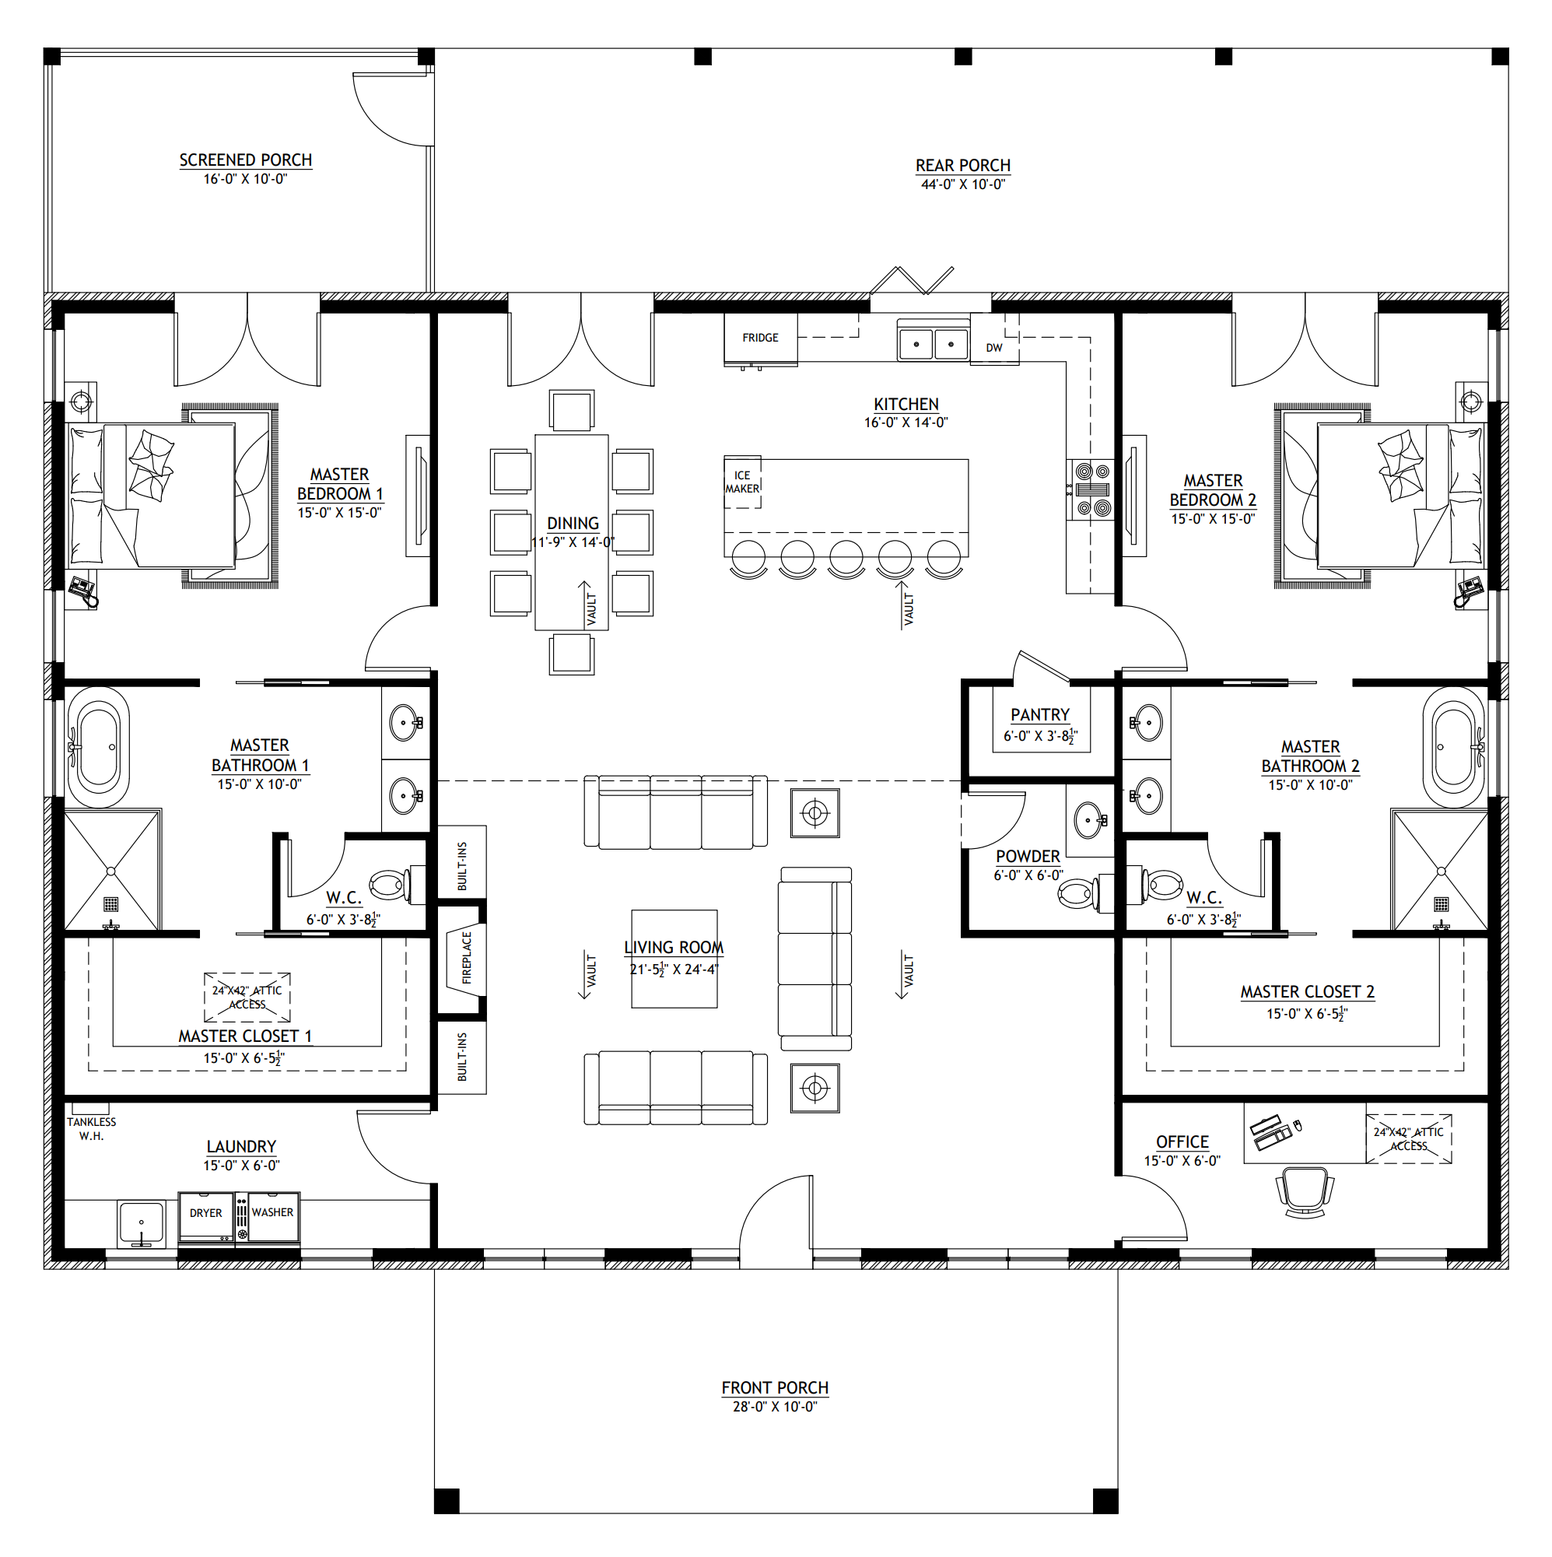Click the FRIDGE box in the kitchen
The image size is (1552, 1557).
[761, 338]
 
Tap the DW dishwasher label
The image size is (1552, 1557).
[994, 348]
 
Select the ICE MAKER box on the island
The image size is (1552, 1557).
[742, 482]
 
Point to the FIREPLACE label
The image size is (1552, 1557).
[467, 958]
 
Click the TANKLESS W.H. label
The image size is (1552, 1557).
[91, 1129]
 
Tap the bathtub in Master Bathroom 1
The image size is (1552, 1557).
[98, 747]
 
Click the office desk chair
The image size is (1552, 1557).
[1305, 1193]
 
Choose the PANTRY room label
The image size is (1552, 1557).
[1040, 716]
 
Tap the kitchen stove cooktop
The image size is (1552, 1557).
[1094, 489]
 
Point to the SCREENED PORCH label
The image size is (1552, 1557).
[246, 160]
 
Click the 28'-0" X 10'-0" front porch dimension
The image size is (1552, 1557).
[775, 1407]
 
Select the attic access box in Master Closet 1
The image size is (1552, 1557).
[247, 998]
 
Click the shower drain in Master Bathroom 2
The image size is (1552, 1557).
[1442, 904]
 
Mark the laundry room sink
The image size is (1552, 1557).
[142, 1224]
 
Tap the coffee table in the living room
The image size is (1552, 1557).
[675, 959]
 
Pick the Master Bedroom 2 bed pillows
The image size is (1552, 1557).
[1466, 496]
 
